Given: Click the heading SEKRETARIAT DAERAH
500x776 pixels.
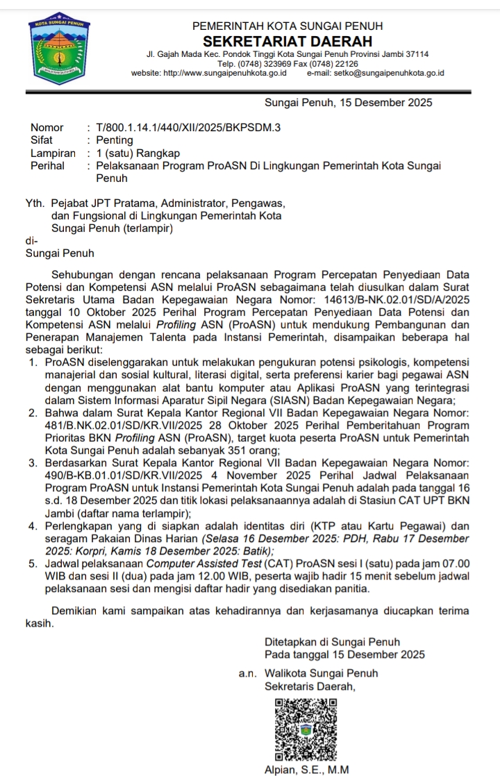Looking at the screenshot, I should coord(287,42).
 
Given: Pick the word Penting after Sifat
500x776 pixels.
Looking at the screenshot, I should coord(115,140).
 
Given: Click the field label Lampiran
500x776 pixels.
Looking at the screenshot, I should coord(53,153).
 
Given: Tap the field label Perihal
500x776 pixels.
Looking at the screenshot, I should coord(47,166).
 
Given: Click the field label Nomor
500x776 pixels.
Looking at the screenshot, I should coord(47,128).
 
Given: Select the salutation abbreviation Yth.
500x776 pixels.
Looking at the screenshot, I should coord(34,204).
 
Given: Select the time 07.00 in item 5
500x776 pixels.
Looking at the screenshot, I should coord(454,564).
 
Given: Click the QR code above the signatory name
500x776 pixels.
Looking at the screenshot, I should coord(306,729).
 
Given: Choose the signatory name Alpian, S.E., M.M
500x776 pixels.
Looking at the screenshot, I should coord(306,770).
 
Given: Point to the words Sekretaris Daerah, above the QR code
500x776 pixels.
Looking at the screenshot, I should coord(310,686).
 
